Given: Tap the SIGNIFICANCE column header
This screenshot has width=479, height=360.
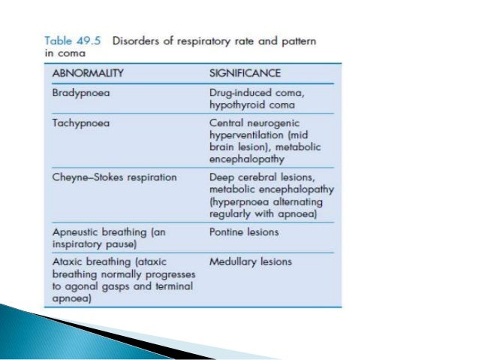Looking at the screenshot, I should [244, 73].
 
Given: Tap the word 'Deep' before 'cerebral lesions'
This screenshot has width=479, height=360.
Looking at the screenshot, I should [220, 178].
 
